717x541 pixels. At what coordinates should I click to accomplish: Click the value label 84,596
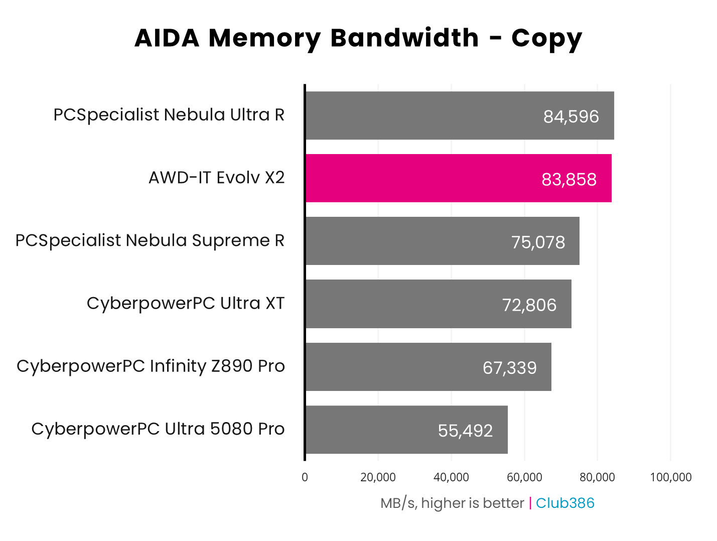(x=571, y=116)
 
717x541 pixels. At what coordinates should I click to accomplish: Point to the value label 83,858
(x=569, y=179)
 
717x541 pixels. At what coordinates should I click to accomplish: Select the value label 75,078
(x=538, y=242)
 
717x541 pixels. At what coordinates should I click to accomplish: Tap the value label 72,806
(x=529, y=305)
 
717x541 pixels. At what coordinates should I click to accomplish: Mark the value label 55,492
(x=465, y=430)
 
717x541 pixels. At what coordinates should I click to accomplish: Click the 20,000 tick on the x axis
(x=378, y=477)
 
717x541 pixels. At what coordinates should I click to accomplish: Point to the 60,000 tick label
(x=524, y=477)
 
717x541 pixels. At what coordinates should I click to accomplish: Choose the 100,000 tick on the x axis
(x=670, y=477)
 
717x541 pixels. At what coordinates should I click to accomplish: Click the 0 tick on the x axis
(x=305, y=477)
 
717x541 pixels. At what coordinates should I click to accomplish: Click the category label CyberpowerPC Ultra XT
(x=185, y=303)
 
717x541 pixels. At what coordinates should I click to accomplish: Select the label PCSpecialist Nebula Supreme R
(x=150, y=240)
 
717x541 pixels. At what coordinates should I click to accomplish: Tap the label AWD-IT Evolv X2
(x=216, y=177)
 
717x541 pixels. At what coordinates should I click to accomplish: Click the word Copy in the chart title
(x=546, y=39)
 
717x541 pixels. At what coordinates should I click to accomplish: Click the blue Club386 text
(x=565, y=503)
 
